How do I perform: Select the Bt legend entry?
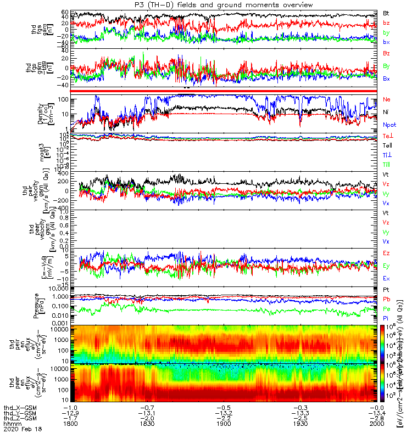[386, 13]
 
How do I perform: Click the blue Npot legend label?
[389, 125]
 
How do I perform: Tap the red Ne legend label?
[387, 99]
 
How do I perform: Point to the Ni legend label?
[386, 112]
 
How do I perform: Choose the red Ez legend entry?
[387, 253]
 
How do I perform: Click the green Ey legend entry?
[387, 266]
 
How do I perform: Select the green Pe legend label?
[387, 308]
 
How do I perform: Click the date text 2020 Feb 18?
[19, 430]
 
